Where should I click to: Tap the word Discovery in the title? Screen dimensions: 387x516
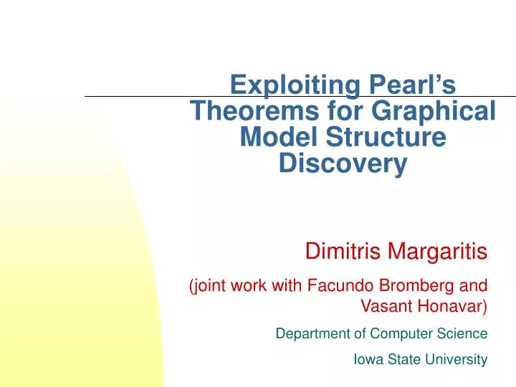343,163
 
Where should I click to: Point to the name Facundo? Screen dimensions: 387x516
338,286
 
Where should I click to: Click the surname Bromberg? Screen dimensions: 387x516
416,286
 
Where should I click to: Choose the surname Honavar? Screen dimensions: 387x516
452,307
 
